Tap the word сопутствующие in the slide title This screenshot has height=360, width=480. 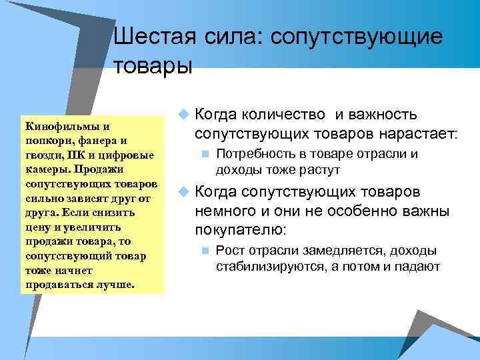(355, 37)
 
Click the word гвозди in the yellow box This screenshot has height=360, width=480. (41, 155)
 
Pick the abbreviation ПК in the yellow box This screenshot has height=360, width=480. (75, 155)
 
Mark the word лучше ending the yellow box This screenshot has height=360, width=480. (118, 285)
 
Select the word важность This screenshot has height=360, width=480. (383, 115)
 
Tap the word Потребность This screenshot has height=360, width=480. (250, 155)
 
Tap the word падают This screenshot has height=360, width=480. (419, 266)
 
